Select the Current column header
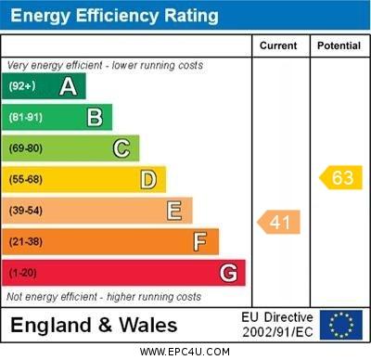point(278,45)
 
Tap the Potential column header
point(339,45)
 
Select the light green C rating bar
point(71,148)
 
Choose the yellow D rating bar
point(84,179)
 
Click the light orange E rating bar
point(97,211)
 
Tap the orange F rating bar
point(111,241)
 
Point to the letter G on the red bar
point(227,273)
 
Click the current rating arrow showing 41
point(278,223)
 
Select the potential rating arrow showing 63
point(340,177)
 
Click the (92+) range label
point(23,87)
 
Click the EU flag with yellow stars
point(340,325)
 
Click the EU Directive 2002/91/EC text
point(278,325)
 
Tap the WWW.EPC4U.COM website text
point(185,352)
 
